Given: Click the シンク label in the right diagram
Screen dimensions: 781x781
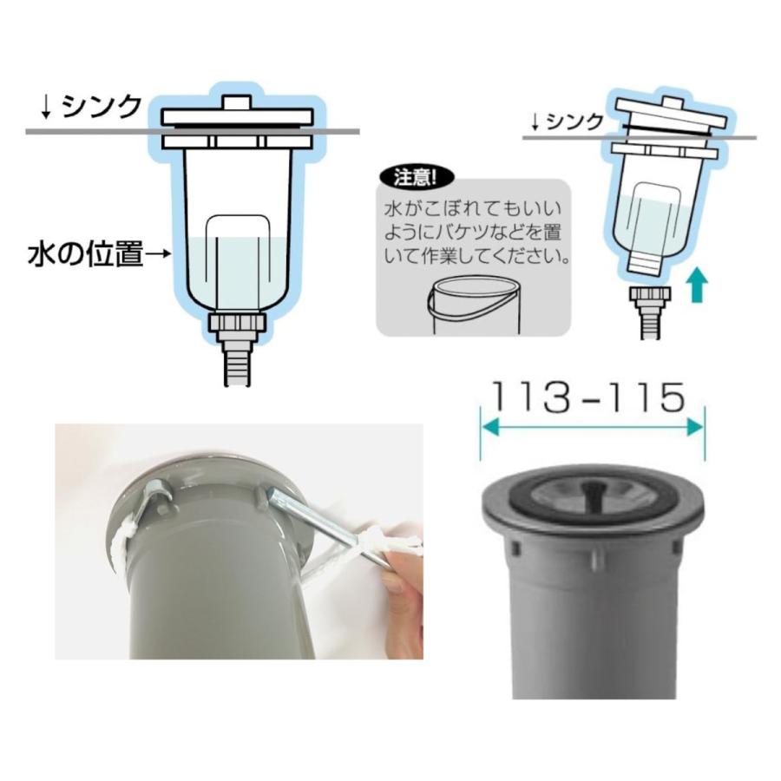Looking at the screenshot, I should pos(576,121).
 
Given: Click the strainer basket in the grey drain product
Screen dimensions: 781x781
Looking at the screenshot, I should pos(593,489).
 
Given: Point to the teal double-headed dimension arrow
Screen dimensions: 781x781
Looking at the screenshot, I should pos(593,427).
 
